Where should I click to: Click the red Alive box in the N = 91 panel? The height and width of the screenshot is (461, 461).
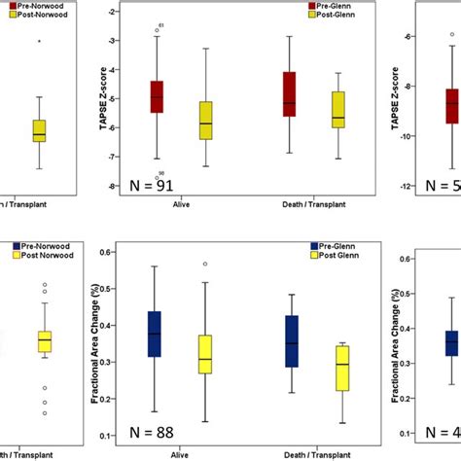pos(157,97)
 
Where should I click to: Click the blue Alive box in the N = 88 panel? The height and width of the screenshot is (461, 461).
pos(154,335)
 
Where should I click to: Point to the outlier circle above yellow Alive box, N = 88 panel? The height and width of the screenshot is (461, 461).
pos(204,264)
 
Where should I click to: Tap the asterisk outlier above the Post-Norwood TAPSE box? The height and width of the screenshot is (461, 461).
pos(39,42)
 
